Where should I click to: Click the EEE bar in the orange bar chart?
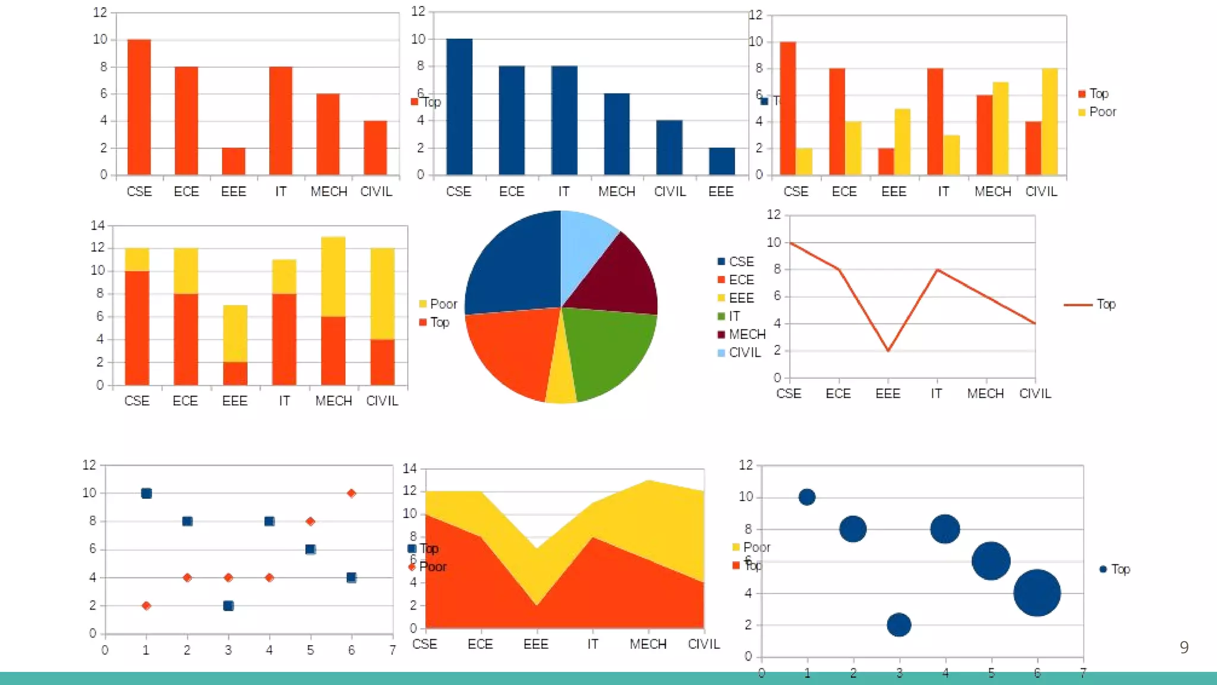[x=234, y=161]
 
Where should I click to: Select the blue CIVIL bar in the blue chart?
[x=669, y=147]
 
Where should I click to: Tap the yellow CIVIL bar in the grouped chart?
[x=1049, y=121]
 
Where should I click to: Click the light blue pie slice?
[x=585, y=244]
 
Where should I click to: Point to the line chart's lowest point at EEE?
[x=888, y=350]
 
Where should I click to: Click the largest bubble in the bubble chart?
[x=1037, y=592]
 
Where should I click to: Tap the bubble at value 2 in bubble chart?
[x=898, y=624]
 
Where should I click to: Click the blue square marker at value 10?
[x=146, y=493]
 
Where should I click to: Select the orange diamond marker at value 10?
[x=351, y=493]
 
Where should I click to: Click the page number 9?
[x=1184, y=647]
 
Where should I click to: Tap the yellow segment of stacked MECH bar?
[x=333, y=276]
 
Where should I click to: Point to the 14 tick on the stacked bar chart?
[x=97, y=225]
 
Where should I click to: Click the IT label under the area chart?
[x=592, y=644]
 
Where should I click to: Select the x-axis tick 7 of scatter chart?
[x=392, y=650]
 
